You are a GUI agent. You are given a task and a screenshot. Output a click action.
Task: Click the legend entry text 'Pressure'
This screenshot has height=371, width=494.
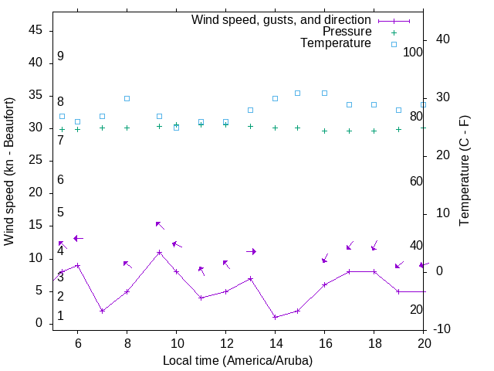pyautogui.click(x=347, y=32)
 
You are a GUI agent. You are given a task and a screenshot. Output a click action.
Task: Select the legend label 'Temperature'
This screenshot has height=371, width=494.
pyautogui.click(x=336, y=43)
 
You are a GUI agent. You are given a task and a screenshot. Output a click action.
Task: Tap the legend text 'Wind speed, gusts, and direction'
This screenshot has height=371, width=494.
pyautogui.click(x=282, y=20)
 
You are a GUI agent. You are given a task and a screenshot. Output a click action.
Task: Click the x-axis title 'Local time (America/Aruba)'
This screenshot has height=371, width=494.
pyautogui.click(x=238, y=360)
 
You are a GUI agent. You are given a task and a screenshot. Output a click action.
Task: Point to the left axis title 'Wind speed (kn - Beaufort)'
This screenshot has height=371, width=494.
pyautogui.click(x=9, y=172)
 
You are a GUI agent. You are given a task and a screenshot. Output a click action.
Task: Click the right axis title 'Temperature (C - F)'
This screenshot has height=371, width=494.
pyautogui.click(x=464, y=172)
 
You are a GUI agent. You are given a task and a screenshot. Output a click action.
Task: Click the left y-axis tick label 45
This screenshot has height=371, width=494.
pyautogui.click(x=36, y=30)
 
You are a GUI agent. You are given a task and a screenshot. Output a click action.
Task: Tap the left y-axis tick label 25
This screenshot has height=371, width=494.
pyautogui.click(x=36, y=161)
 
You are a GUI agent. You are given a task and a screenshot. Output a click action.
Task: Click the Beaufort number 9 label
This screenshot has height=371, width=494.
pyautogui.click(x=60, y=56)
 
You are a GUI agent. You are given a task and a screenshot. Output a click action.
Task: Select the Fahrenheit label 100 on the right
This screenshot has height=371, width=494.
pyautogui.click(x=414, y=52)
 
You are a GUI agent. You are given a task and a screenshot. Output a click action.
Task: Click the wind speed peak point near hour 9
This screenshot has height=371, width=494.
pyautogui.click(x=159, y=252)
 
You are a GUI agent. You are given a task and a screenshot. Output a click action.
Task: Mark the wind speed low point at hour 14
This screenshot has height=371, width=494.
pyautogui.click(x=275, y=317)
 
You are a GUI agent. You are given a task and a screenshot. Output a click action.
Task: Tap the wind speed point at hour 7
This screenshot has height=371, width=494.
pyautogui.click(x=102, y=311)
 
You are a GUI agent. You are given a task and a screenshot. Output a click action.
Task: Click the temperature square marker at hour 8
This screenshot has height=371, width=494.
pyautogui.click(x=127, y=98)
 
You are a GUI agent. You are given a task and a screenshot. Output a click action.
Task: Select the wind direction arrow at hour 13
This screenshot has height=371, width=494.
pyautogui.click(x=251, y=251)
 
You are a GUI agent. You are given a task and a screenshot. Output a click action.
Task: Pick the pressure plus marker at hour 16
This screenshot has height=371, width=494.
pyautogui.click(x=324, y=131)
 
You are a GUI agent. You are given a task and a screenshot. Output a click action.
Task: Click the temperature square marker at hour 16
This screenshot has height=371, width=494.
pyautogui.click(x=324, y=93)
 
